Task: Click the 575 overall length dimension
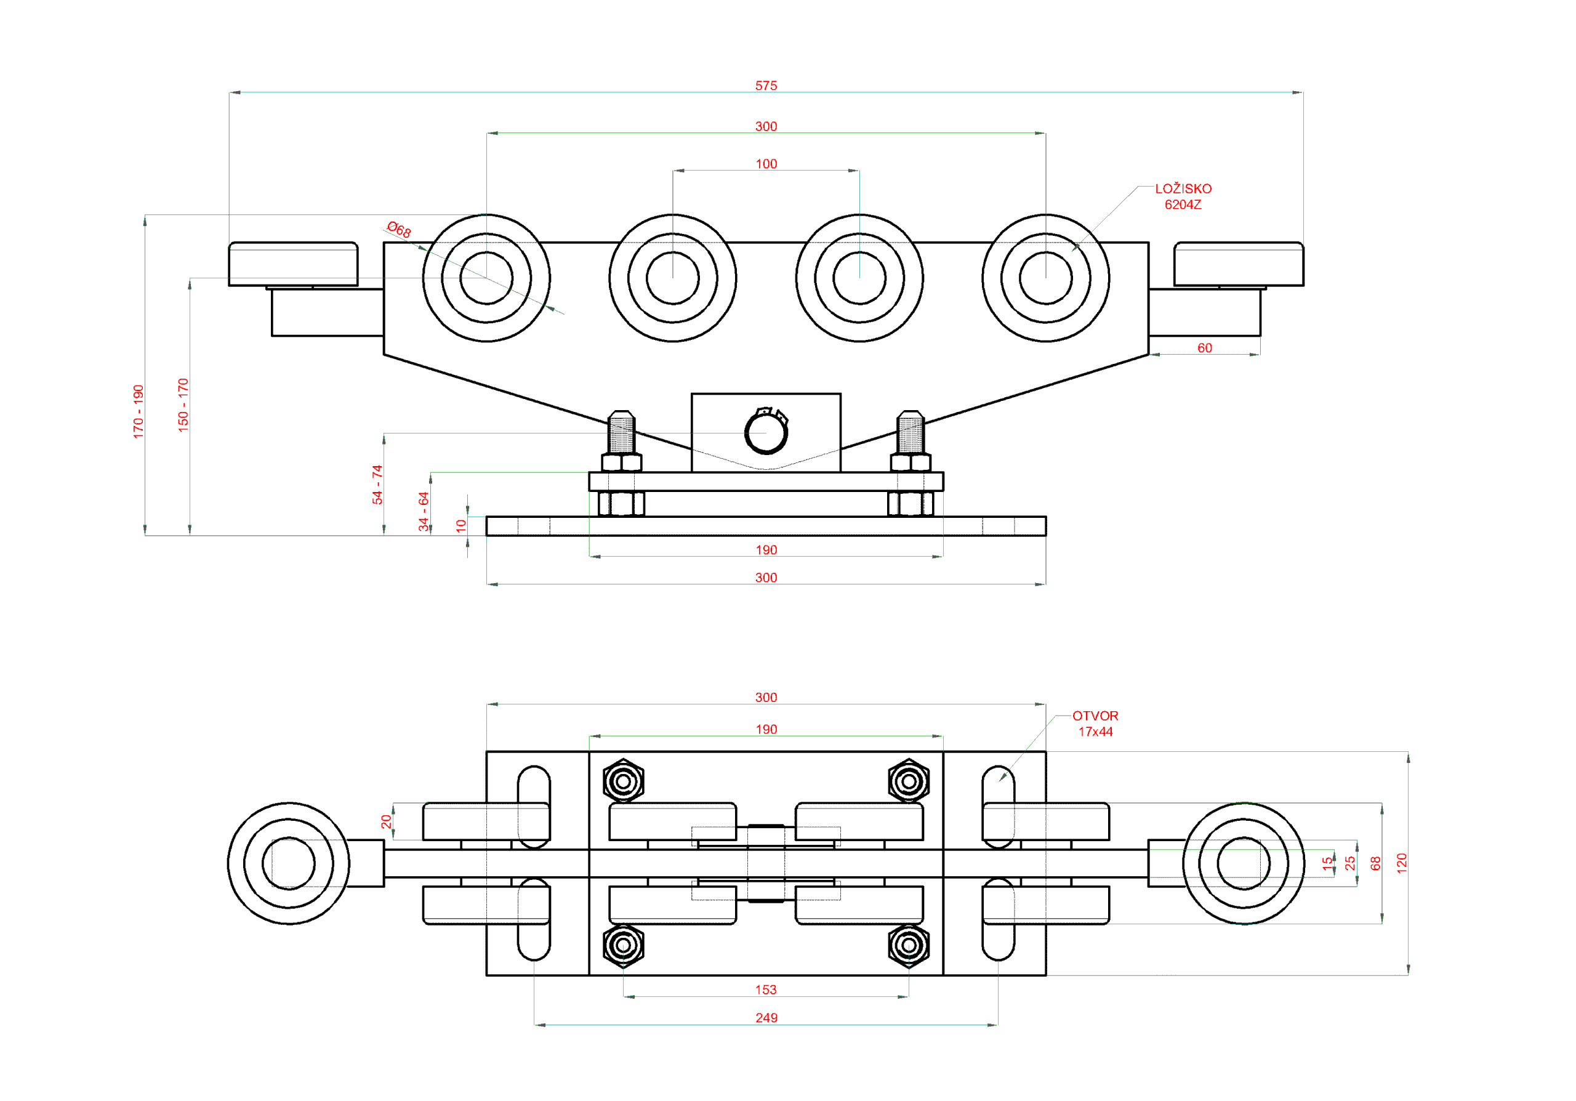(766, 86)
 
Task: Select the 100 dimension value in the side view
(766, 164)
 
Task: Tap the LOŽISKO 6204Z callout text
(1183, 196)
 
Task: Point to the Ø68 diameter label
(399, 229)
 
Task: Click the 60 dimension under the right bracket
(1204, 348)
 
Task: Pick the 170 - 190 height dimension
(138, 411)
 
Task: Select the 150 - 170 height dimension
(183, 405)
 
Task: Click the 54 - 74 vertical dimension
(377, 485)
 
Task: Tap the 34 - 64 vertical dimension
(424, 510)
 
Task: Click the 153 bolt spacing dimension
(765, 989)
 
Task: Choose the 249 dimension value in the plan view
(766, 1017)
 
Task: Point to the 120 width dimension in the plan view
(1401, 863)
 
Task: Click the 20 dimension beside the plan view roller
(387, 821)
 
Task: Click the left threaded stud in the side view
(621, 432)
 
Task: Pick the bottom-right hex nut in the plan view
(908, 945)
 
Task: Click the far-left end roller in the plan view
(288, 863)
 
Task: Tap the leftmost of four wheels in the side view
(486, 278)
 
